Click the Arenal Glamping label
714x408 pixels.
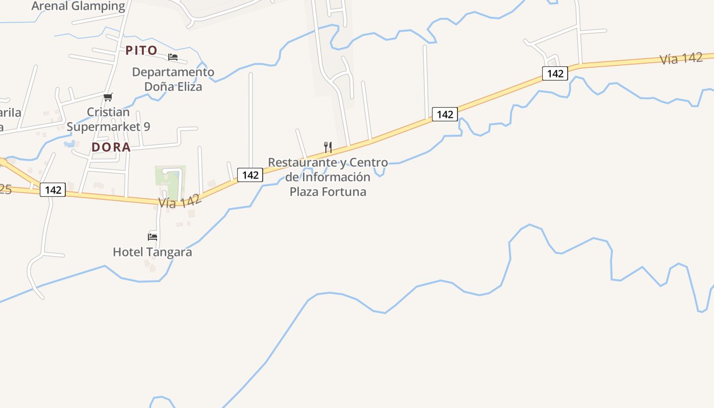(x=78, y=6)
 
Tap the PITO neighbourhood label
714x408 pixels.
(x=141, y=50)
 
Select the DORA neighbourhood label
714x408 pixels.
(x=111, y=147)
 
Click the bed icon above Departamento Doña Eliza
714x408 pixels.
(x=173, y=57)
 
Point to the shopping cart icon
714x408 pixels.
(x=108, y=97)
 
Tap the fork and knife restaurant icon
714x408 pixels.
(x=328, y=147)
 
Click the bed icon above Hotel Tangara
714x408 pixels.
(x=152, y=237)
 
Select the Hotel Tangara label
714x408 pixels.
(x=152, y=252)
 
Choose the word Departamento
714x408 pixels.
(x=173, y=72)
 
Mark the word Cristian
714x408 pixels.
(x=108, y=112)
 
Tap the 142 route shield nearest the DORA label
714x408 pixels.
(x=53, y=190)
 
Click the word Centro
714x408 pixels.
(x=368, y=162)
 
